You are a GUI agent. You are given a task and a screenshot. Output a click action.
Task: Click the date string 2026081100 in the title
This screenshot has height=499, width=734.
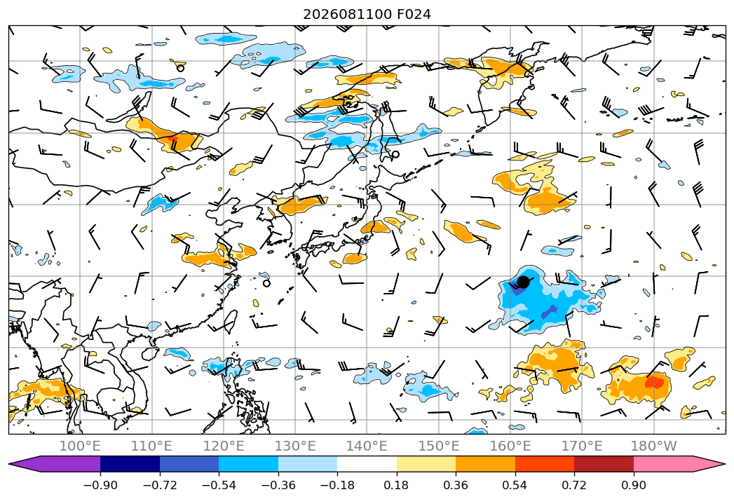347,15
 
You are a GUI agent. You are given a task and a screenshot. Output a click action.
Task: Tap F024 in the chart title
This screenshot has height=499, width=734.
414,15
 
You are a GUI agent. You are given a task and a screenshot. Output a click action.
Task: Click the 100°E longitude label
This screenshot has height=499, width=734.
80,446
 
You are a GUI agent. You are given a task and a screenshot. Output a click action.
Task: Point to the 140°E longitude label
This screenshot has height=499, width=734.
367,446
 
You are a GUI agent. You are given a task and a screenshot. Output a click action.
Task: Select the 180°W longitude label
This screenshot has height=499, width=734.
654,446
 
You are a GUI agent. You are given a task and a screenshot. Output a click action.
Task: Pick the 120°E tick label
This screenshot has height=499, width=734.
224,446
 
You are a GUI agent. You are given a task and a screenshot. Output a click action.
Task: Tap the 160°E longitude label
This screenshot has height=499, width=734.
510,446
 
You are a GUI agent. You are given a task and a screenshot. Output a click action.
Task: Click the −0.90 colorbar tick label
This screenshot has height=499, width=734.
100,485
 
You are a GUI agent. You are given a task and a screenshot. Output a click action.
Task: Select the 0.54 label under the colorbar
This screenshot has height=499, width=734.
515,485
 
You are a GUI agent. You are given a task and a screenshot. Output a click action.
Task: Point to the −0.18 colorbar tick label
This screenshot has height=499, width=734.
337,485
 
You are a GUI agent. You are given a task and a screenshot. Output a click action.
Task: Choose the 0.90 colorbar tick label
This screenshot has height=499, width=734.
633,485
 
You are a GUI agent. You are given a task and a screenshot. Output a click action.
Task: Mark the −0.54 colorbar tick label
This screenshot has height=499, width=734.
219,485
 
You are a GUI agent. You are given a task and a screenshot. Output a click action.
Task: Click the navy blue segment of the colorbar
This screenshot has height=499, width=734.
130,463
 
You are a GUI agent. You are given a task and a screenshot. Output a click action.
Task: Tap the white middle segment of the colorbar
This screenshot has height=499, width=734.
367,463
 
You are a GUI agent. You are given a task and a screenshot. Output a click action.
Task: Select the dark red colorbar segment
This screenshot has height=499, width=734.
604,463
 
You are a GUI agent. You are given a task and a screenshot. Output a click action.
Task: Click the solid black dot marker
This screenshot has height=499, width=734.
523,282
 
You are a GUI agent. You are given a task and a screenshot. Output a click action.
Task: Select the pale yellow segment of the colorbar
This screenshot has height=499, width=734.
426,463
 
